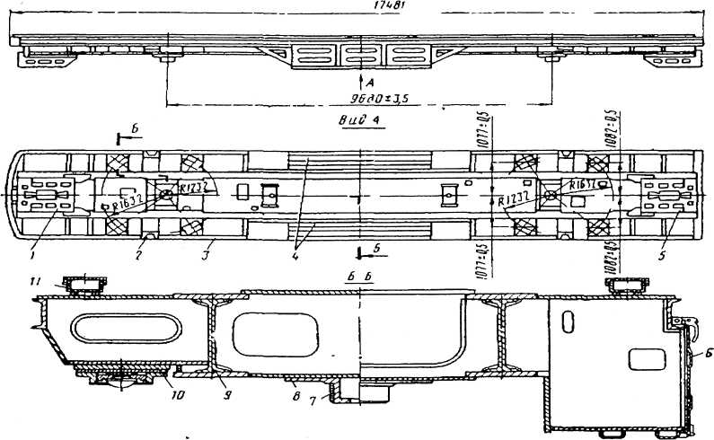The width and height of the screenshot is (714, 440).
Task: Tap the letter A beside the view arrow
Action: (x=367, y=81)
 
